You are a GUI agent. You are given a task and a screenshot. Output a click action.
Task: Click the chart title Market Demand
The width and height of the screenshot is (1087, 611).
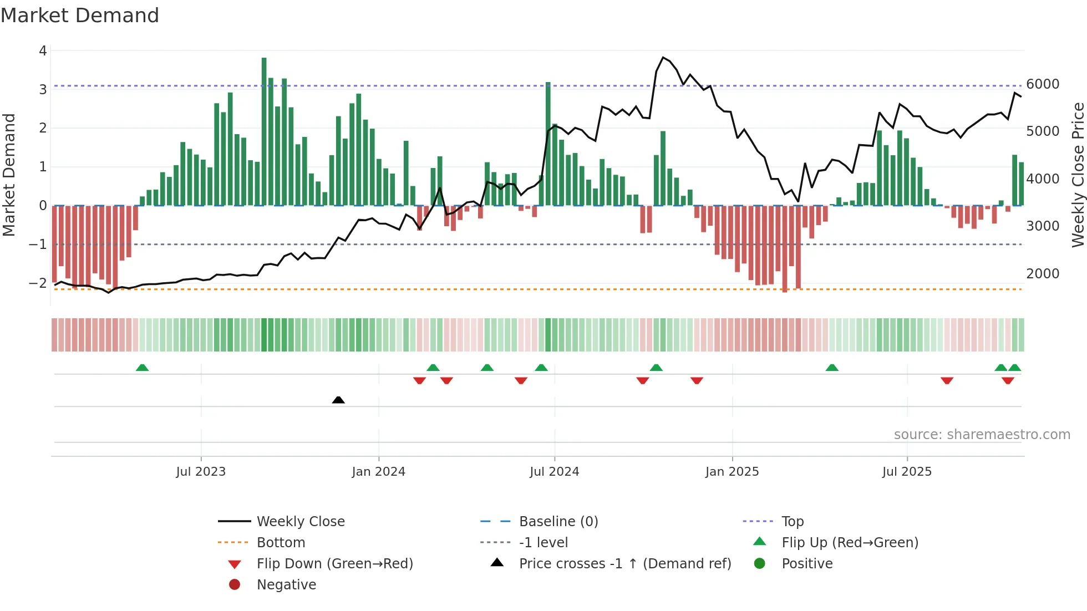click(80, 16)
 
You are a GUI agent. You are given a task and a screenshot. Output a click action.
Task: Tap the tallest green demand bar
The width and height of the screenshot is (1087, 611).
click(264, 131)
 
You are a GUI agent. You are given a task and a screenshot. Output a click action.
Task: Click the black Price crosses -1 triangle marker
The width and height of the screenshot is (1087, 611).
click(338, 400)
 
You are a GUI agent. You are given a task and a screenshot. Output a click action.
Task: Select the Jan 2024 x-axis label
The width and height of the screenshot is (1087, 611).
click(378, 472)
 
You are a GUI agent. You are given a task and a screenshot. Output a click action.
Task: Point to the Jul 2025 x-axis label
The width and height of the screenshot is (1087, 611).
click(907, 472)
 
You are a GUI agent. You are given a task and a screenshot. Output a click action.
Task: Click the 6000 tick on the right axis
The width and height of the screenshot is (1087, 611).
click(1043, 84)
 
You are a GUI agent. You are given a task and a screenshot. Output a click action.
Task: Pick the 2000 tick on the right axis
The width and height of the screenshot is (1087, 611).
click(1043, 274)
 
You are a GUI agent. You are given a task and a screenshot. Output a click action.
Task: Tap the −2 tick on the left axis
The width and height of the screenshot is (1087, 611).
click(38, 283)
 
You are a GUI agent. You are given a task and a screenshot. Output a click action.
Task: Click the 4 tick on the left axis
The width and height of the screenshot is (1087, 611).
click(43, 51)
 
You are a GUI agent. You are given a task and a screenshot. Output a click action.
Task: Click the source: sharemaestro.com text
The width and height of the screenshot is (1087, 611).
click(982, 435)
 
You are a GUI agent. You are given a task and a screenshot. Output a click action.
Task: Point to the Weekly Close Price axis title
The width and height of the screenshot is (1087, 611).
click(1078, 175)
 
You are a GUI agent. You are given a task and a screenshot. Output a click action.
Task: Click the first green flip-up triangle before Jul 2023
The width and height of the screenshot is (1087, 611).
click(143, 368)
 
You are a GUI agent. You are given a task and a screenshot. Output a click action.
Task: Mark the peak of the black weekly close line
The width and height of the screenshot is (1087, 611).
click(663, 57)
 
